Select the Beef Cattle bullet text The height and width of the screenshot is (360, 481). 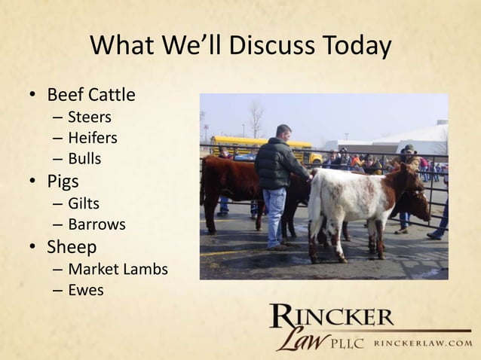click(91, 96)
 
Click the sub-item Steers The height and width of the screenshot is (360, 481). click(89, 117)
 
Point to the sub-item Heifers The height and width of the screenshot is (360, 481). click(93, 138)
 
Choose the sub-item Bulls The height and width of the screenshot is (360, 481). click(84, 159)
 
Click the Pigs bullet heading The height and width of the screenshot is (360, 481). click(64, 182)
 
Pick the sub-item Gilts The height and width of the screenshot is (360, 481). click(84, 203)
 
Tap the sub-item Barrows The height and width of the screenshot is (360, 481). click(97, 224)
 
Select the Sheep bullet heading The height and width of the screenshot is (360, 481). click(72, 247)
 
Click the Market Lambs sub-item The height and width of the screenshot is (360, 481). click(118, 269)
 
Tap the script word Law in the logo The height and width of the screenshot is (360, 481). click(297, 339)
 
